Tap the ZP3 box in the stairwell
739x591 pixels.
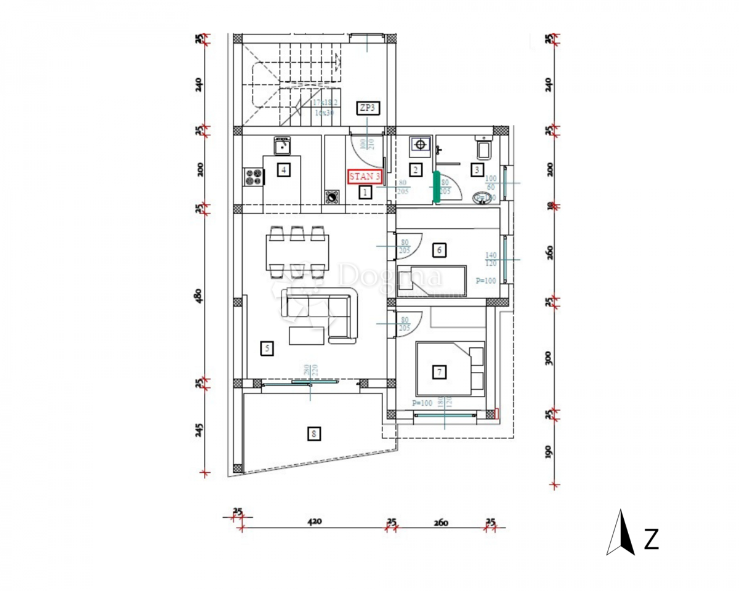[367, 108]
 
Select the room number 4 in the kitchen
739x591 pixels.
[283, 170]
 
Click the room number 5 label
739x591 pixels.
[267, 349]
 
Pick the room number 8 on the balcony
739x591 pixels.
[314, 435]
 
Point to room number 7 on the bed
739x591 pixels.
[439, 372]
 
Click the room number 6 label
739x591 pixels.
[439, 250]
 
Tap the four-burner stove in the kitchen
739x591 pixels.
[254, 177]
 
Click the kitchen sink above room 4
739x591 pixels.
[283, 146]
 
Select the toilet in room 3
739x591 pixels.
[482, 148]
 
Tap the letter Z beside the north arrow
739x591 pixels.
[651, 539]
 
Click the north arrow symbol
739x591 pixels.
[623, 533]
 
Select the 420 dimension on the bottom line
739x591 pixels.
[314, 522]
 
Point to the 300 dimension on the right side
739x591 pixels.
[549, 358]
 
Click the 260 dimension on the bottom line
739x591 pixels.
[441, 523]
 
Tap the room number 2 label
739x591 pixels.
[416, 170]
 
